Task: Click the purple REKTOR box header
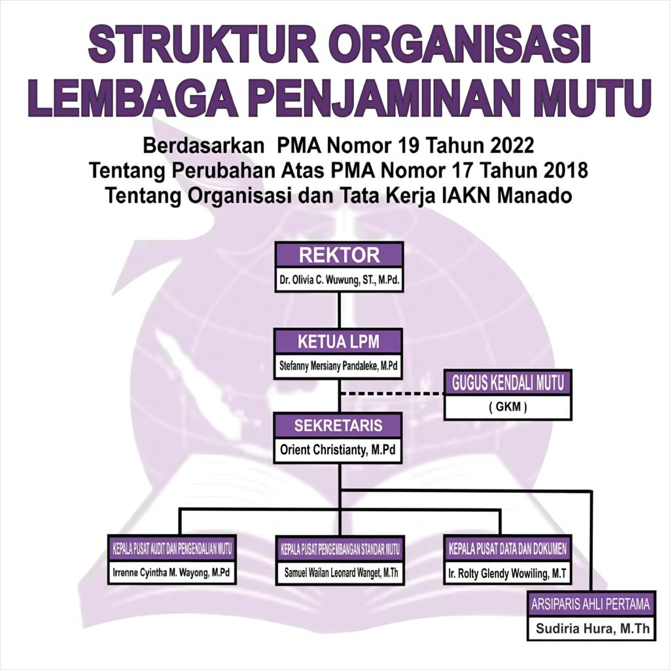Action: point(339,255)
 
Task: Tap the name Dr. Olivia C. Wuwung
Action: point(339,282)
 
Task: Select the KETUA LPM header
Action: point(339,342)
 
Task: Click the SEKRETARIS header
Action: point(339,425)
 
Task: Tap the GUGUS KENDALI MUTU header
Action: point(508,383)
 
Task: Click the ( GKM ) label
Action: point(508,408)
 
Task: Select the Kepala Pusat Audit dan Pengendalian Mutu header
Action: point(171,548)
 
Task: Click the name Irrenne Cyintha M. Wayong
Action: point(171,573)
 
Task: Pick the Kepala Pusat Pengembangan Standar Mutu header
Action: point(340,548)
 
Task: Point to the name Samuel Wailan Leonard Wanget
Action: point(340,573)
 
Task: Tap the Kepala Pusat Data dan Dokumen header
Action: point(508,548)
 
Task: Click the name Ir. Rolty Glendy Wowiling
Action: point(508,573)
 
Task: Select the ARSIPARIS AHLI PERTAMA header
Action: point(591,604)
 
